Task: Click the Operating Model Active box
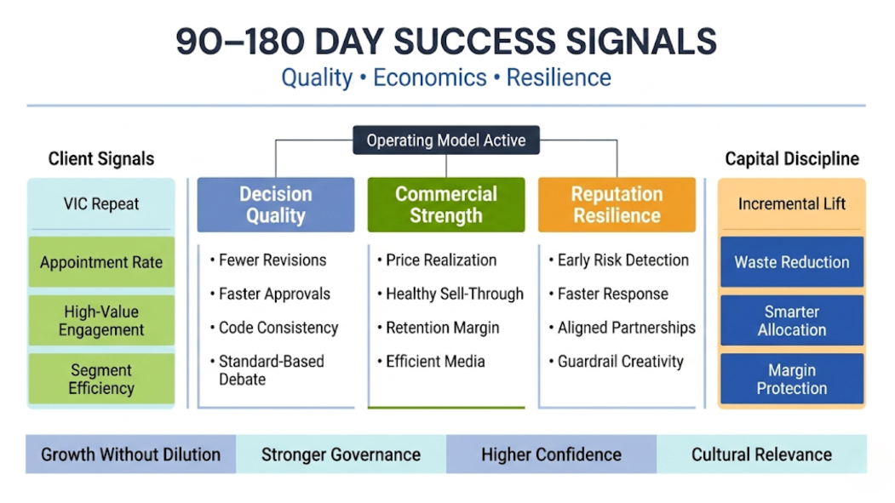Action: pyautogui.click(x=445, y=140)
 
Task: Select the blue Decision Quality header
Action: pyautogui.click(x=276, y=205)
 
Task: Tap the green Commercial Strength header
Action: pyautogui.click(x=445, y=205)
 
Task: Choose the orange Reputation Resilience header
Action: pyautogui.click(x=617, y=205)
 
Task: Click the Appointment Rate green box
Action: pyautogui.click(x=101, y=262)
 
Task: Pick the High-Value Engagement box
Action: pyautogui.click(x=101, y=321)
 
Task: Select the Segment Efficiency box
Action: pyautogui.click(x=101, y=379)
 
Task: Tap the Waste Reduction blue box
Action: pyautogui.click(x=792, y=262)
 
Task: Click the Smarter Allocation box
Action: pyautogui.click(x=792, y=321)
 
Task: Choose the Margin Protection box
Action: pyautogui.click(x=792, y=379)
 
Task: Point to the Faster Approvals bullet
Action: pyautogui.click(x=270, y=294)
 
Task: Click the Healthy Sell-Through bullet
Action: pyautogui.click(x=450, y=294)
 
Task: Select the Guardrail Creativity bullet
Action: pyautogui.click(x=616, y=362)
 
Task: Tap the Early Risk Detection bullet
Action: pyautogui.click(x=619, y=260)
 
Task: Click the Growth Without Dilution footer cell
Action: pyautogui.click(x=130, y=454)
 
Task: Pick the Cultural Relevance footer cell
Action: pyautogui.click(x=761, y=454)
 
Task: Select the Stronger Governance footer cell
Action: pyautogui.click(x=341, y=454)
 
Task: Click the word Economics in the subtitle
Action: pyautogui.click(x=430, y=77)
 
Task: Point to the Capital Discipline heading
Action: pyautogui.click(x=792, y=158)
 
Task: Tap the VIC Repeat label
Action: pyautogui.click(x=101, y=204)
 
